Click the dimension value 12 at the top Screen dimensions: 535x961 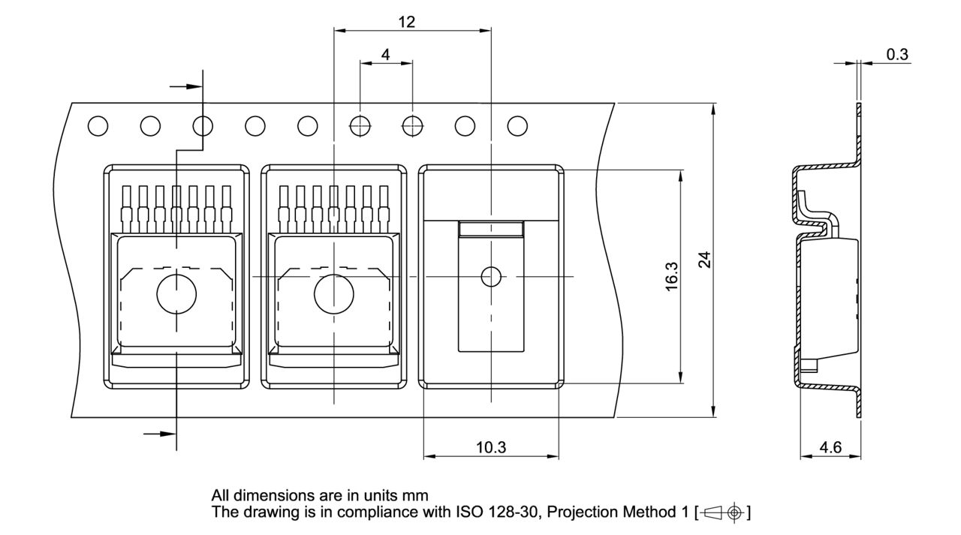click(406, 22)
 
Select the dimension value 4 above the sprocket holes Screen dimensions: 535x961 click(386, 55)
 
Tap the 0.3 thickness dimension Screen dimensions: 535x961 click(897, 54)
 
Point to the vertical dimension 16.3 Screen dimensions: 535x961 click(671, 277)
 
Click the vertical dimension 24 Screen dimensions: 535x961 click(703, 260)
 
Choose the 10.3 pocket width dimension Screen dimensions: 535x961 click(491, 447)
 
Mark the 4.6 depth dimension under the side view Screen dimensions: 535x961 click(830, 447)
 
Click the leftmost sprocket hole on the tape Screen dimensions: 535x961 click(98, 127)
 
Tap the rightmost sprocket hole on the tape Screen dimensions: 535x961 click(517, 127)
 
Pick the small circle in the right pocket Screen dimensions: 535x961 click(491, 278)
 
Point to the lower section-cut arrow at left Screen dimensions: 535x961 click(158, 433)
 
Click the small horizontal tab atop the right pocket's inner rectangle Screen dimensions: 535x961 click(491, 229)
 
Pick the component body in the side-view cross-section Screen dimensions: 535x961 click(829, 296)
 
